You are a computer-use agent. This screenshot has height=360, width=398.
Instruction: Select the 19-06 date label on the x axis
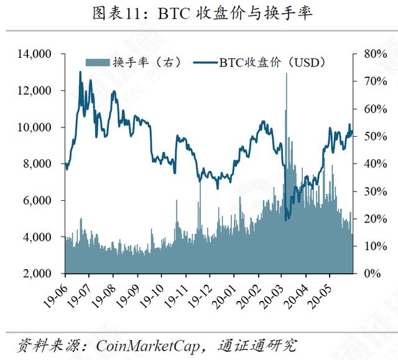pyautogui.click(x=54, y=295)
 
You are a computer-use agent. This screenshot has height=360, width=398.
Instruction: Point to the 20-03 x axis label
pyautogui.click(x=271, y=295)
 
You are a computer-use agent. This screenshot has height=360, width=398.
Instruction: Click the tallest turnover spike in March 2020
pyautogui.click(x=287, y=75)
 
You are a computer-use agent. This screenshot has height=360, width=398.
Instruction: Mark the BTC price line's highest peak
pyautogui.click(x=80, y=73)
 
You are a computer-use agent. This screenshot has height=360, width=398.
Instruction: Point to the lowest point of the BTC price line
pyautogui.click(x=286, y=219)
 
